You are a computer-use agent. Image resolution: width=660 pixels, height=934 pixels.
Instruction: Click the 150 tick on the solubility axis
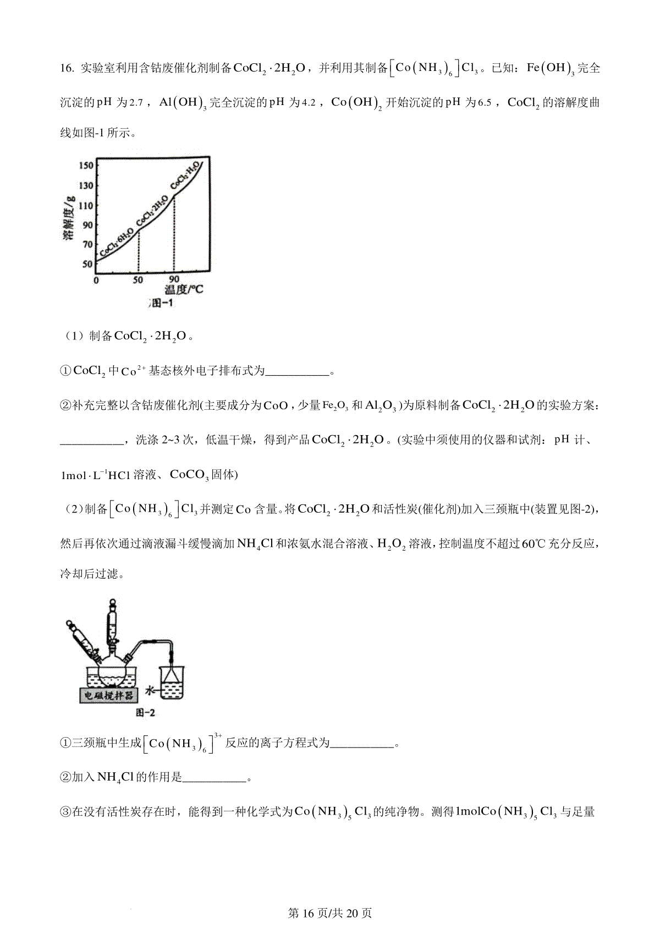coord(86,166)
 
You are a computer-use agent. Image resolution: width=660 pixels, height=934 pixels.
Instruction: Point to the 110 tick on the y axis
coord(86,205)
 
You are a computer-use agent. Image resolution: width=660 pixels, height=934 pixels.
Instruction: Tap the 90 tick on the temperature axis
coord(174,280)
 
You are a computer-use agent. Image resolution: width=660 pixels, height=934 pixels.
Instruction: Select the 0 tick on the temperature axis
coord(96,280)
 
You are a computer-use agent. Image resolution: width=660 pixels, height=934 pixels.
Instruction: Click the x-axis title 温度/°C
coord(184,289)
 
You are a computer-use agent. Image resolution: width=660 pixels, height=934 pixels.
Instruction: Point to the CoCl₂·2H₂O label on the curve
coord(152,210)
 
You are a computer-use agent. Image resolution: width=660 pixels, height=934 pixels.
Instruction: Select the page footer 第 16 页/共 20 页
coord(330,913)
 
